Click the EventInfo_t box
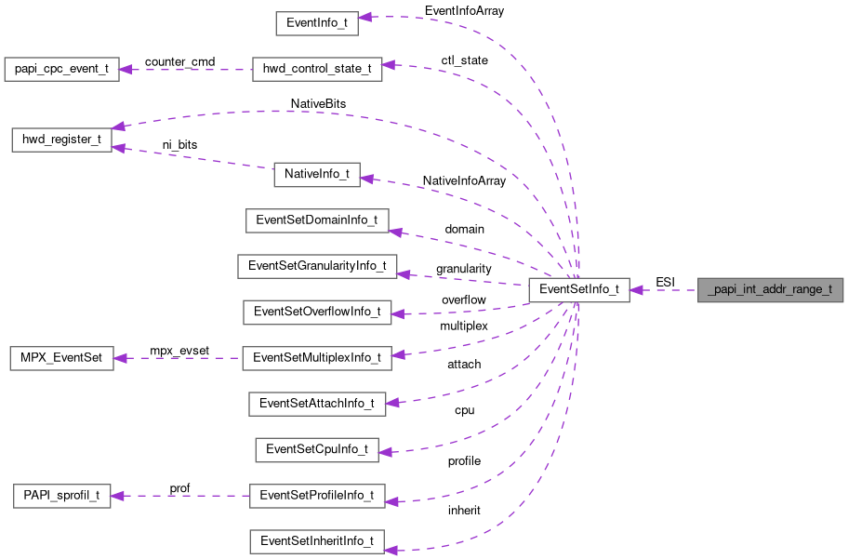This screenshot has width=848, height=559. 317,24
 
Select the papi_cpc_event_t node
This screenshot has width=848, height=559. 61,70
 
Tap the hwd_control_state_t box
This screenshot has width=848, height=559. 317,70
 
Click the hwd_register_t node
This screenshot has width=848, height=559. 61,140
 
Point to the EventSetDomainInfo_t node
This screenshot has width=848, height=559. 317,220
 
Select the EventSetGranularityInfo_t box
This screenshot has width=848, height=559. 317,266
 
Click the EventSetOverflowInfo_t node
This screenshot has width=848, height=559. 317,312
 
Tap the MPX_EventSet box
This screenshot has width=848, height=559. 61,357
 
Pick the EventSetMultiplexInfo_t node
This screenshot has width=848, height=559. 317,357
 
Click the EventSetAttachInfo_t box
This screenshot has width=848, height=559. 317,403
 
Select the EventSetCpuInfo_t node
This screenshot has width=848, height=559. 317,449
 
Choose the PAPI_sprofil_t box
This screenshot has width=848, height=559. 61,495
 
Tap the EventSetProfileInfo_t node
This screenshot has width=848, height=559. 317,495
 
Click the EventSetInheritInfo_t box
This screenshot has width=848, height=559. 317,540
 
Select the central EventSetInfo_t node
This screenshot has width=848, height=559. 579,289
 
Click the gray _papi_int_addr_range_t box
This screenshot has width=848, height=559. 771,289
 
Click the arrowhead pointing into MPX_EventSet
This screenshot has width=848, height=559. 121,357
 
